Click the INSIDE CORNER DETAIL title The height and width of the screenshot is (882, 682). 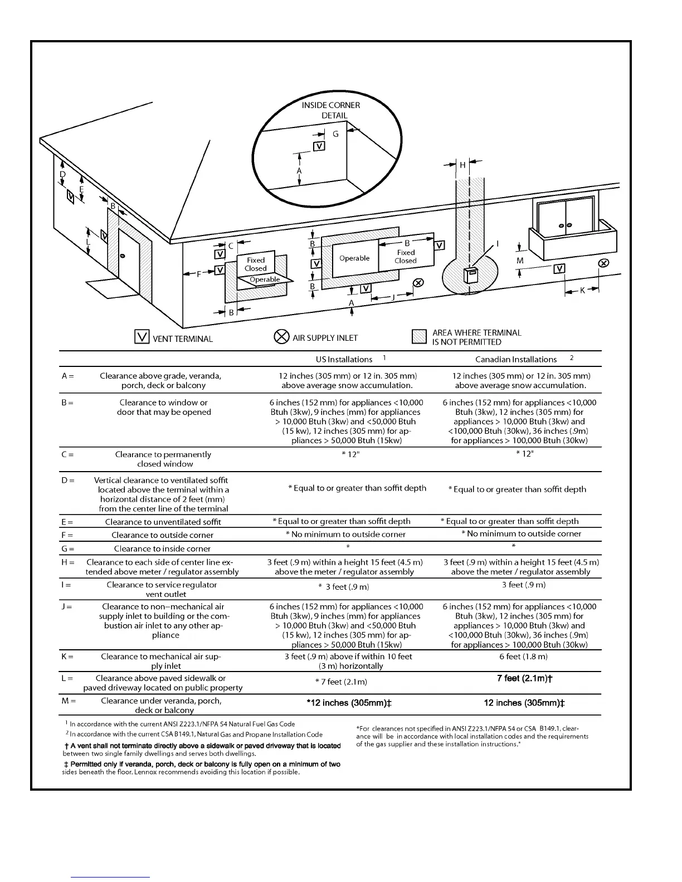coord(331,110)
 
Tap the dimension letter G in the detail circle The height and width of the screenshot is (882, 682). coord(335,134)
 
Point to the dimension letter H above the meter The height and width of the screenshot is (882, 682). coord(462,165)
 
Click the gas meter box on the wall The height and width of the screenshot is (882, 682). coord(471,275)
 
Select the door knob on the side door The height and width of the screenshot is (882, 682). coord(123,256)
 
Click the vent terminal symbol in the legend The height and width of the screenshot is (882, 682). coord(142,337)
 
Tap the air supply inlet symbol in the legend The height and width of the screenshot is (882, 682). coord(281,337)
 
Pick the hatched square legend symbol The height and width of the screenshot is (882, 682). coord(419,337)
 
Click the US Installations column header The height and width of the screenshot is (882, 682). coord(344,360)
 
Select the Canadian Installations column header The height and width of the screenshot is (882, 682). coord(516,360)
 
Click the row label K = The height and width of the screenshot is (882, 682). coord(67,656)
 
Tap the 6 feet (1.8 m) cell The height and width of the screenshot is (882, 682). coord(524,656)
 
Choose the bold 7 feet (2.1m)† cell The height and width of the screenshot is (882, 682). coord(524,678)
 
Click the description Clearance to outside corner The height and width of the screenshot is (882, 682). coord(162,535)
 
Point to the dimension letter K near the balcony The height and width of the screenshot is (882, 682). coord(583,290)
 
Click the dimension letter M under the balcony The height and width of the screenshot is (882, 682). coord(520,261)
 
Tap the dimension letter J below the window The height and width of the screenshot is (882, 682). coord(393,297)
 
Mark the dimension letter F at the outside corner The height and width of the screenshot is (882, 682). coord(199,274)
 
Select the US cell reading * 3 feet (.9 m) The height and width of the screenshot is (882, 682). coord(343,587)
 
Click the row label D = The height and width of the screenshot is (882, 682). coord(67,480)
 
